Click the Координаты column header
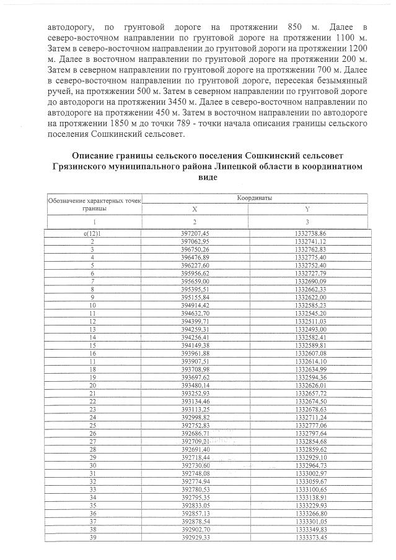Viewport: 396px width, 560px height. click(255, 198)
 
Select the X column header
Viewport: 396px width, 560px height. click(196, 209)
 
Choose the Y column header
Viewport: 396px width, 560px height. click(307, 209)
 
